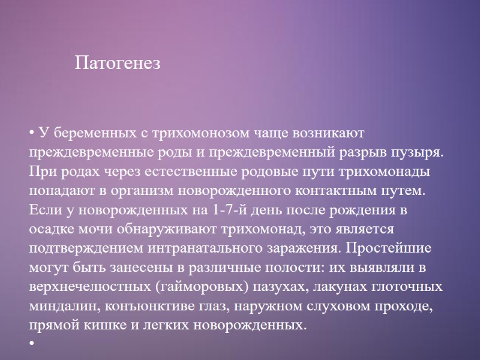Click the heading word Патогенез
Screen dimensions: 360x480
point(118,62)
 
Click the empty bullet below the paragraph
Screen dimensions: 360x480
point(31,344)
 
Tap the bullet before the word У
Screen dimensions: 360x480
point(31,132)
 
